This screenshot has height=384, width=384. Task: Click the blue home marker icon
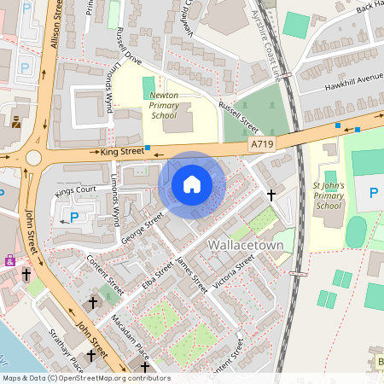click(191, 184)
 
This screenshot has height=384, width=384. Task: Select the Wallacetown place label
click(246, 245)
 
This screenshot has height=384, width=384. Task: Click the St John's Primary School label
click(328, 195)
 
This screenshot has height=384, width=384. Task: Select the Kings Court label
click(75, 190)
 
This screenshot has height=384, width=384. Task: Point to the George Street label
click(142, 229)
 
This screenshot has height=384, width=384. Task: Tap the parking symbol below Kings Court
click(73, 217)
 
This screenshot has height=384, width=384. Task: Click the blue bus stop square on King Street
click(148, 148)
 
